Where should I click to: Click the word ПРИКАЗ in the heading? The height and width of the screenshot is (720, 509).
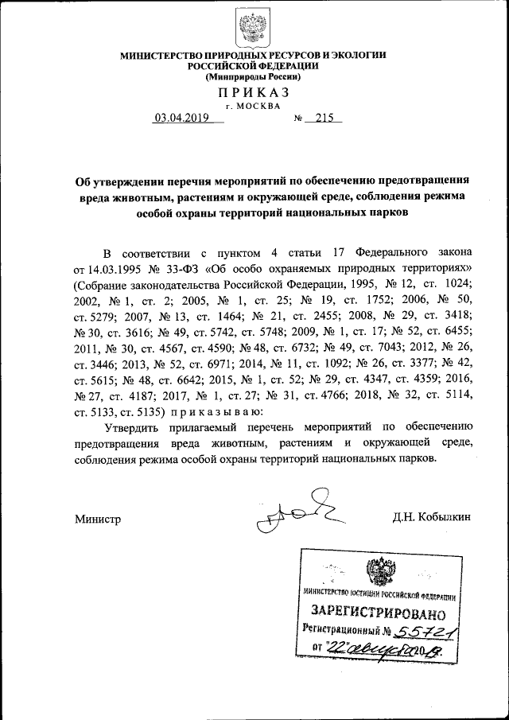253,93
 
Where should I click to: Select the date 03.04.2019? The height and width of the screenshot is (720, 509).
181,119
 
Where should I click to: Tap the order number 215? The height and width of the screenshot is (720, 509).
324,119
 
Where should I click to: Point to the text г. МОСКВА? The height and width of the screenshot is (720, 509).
253,106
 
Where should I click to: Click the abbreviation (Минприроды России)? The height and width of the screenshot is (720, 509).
253,77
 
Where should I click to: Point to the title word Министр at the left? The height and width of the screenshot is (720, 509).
98,518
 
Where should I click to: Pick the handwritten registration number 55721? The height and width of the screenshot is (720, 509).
428,632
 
